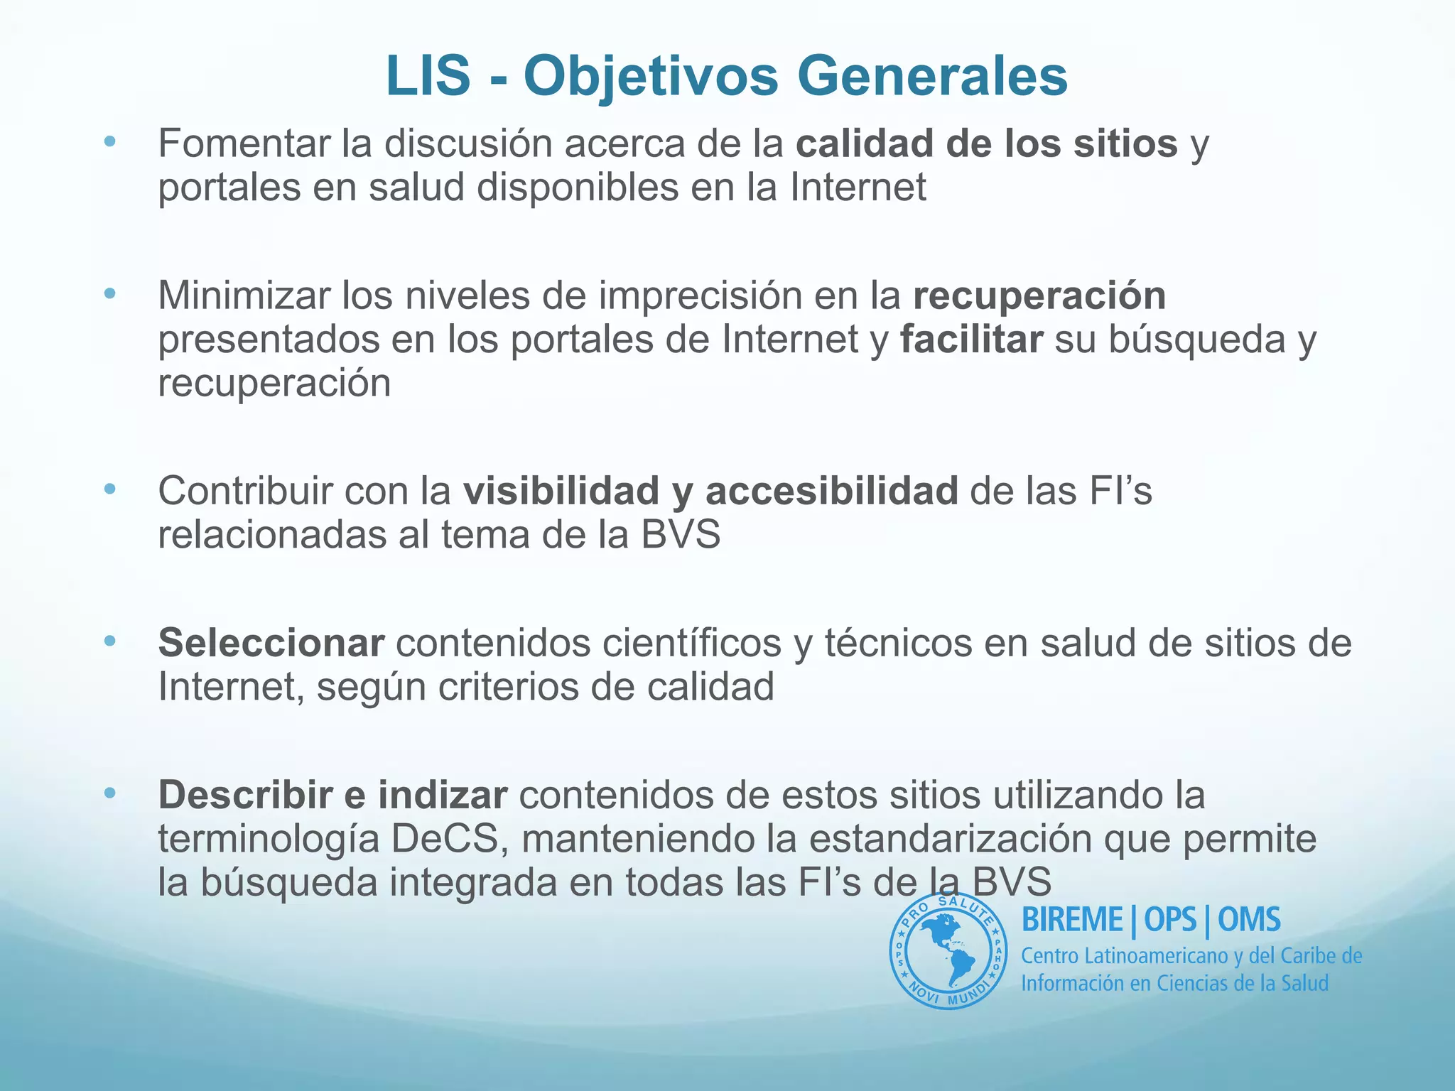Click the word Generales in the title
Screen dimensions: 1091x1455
[x=932, y=76]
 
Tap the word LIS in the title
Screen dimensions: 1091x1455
[x=428, y=76]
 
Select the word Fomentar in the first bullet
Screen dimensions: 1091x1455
[x=245, y=143]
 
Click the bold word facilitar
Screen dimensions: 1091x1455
[x=971, y=340]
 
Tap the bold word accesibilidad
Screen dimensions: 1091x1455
[x=832, y=492]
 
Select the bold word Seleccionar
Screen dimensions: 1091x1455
[x=271, y=643]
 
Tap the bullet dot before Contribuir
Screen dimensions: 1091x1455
[x=109, y=489]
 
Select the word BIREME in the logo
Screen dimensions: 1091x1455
[x=1072, y=920]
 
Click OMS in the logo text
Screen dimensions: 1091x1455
[x=1249, y=920]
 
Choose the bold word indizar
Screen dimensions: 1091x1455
[x=442, y=795]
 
